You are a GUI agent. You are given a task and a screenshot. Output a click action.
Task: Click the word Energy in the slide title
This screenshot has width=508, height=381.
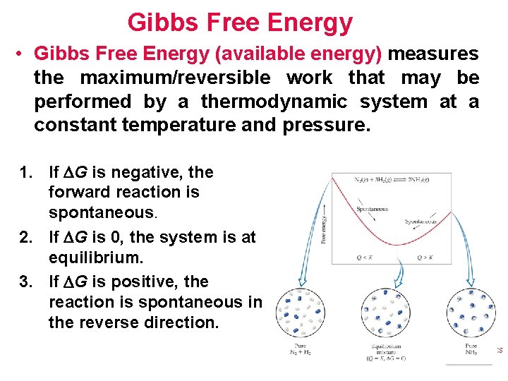tap(314, 23)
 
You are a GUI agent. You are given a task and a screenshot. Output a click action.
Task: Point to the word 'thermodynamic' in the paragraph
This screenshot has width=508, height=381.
tap(274, 102)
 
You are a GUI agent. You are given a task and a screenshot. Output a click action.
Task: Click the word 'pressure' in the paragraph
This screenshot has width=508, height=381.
tap(323, 126)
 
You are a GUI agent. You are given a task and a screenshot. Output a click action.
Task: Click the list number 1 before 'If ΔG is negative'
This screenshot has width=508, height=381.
tap(26, 172)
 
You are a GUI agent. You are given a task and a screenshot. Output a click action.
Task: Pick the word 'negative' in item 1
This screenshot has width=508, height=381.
tap(152, 172)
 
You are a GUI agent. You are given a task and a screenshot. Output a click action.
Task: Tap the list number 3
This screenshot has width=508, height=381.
tap(26, 282)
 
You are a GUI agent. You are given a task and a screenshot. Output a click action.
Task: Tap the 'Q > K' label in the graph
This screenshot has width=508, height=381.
tap(426, 258)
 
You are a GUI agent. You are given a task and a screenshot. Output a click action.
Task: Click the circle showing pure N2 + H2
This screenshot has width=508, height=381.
tap(301, 313)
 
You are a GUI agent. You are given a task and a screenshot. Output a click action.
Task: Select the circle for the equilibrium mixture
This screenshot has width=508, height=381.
tap(386, 313)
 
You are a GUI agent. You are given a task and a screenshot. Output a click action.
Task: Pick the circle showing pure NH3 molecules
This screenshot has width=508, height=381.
tap(471, 312)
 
